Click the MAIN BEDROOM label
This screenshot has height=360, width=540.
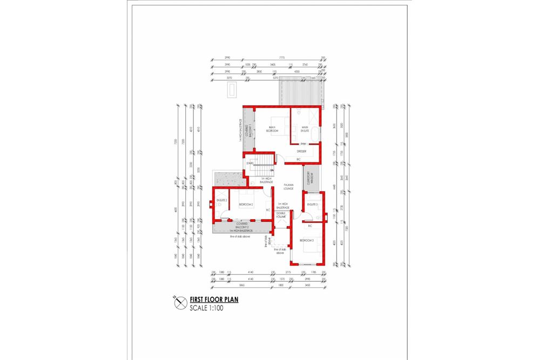(273, 129)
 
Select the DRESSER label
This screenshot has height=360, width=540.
(301, 151)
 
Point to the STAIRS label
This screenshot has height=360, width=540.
(250, 162)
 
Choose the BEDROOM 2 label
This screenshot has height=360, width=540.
(246, 204)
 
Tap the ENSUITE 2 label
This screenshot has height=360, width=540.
(221, 201)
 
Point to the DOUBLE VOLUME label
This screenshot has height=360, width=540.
(281, 216)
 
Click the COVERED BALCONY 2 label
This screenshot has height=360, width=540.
(241, 224)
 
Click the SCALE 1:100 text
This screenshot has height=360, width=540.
(206, 309)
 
